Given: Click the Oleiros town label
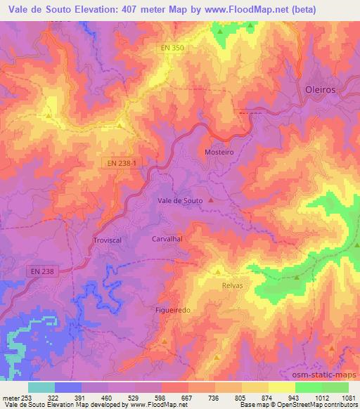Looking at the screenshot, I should pyautogui.click(x=322, y=90).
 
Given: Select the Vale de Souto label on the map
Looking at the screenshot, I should pyautogui.click(x=180, y=201).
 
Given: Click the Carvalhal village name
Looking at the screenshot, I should pyautogui.click(x=167, y=239).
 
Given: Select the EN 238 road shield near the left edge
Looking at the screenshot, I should pyautogui.click(x=61, y=271).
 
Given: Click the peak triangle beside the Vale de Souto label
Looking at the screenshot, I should pyautogui.click(x=210, y=201).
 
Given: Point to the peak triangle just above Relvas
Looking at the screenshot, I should pyautogui.click(x=217, y=271).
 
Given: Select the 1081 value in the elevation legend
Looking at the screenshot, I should pyautogui.click(x=348, y=397).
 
